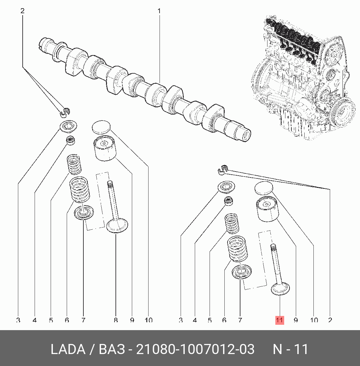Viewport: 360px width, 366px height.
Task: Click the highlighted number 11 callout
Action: point(279,320)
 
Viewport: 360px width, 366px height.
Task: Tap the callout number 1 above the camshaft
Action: point(159,11)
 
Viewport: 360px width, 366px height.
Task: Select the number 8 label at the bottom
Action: point(115,320)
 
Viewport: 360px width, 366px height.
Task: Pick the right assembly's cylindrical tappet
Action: point(267,209)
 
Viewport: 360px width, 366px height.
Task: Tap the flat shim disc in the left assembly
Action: point(102,127)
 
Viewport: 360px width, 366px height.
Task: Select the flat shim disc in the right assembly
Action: point(264,188)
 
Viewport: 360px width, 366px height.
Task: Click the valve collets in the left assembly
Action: point(65,111)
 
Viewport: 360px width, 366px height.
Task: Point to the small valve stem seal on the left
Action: point(71,141)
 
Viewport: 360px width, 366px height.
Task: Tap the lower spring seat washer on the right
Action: point(242,272)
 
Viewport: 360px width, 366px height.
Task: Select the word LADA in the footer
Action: point(68,349)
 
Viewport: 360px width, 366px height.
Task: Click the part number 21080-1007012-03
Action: point(195,349)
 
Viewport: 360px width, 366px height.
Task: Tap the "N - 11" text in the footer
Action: point(290,349)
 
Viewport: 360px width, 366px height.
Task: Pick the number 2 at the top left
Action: point(22,11)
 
